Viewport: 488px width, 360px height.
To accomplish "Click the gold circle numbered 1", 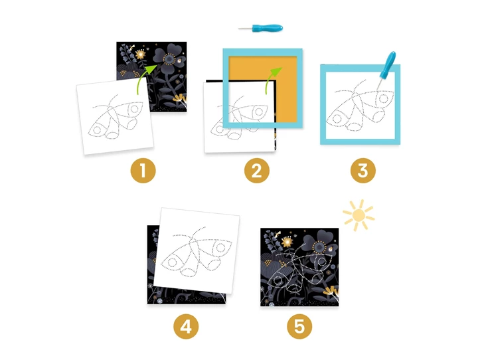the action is [x=143, y=171].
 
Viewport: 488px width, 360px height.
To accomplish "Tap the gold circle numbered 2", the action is [x=256, y=171].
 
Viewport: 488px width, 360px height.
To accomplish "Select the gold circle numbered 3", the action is [x=363, y=171].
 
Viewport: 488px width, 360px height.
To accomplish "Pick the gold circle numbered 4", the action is [x=186, y=327].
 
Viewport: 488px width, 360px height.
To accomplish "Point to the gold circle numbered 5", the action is [x=299, y=327].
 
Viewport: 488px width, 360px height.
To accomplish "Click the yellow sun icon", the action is [x=359, y=215].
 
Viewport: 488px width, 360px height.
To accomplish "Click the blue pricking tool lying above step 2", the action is [x=261, y=28].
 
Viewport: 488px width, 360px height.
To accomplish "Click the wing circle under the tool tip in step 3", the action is [x=384, y=99].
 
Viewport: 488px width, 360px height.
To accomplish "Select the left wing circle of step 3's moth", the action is [x=337, y=119].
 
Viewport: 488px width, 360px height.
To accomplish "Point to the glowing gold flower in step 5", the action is [x=287, y=242].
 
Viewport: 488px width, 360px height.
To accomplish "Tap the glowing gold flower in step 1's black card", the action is [x=141, y=54].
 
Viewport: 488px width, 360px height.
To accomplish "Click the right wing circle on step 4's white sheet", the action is [x=220, y=248].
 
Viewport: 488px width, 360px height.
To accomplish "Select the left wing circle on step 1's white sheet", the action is [x=97, y=130].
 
